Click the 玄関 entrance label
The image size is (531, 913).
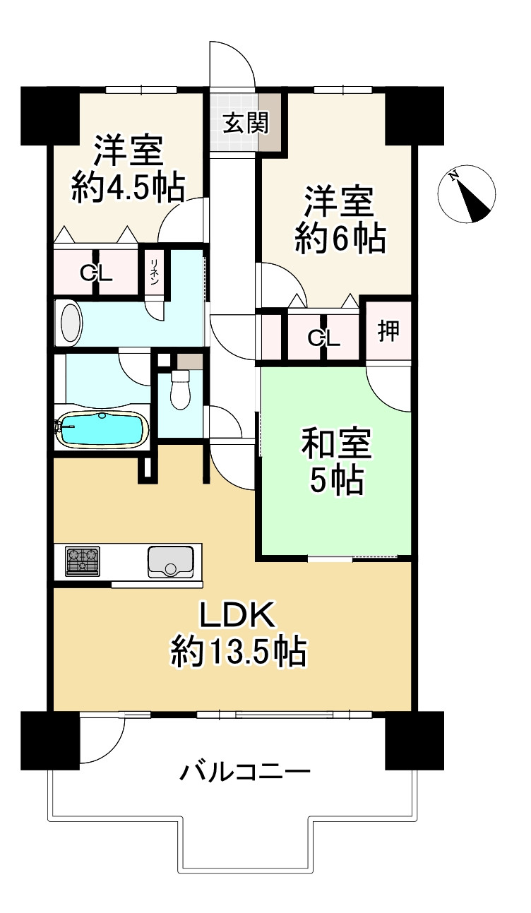pyautogui.click(x=246, y=122)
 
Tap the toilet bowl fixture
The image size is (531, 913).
pyautogui.click(x=180, y=389)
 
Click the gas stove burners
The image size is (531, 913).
pyautogui.click(x=83, y=561)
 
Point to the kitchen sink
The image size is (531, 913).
pyautogui.click(x=171, y=562)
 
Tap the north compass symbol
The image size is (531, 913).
pyautogui.click(x=467, y=194)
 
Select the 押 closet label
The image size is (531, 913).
pyautogui.click(x=388, y=330)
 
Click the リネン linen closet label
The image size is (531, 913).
pyautogui.click(x=155, y=271)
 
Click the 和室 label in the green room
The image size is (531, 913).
pyautogui.click(x=336, y=443)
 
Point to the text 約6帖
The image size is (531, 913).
pyautogui.click(x=340, y=239)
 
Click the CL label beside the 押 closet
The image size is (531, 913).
pyautogui.click(x=324, y=338)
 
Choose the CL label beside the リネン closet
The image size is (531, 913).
pyautogui.click(x=96, y=273)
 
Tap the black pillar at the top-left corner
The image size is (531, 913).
pyautogui.click(x=50, y=116)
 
